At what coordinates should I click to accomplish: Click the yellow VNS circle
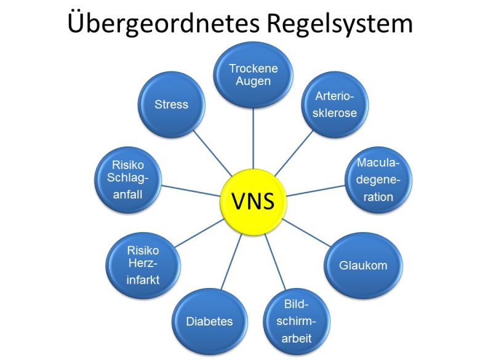coord(253,202)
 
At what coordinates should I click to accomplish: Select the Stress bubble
coord(172,105)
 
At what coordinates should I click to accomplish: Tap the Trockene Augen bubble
coord(253,75)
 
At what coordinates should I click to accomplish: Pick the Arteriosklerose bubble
coord(335,105)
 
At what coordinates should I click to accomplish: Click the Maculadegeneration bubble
coord(378,180)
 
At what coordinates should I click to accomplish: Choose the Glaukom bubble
coord(363,265)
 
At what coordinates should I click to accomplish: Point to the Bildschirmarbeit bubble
coord(297,321)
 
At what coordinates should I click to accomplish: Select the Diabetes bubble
coord(210,321)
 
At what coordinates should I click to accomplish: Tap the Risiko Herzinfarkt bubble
coord(143,265)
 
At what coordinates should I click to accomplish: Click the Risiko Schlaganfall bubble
coord(128,180)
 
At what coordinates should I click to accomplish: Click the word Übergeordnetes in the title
coord(164,23)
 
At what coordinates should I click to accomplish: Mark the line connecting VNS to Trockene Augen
coord(253,138)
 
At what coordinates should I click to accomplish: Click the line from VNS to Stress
coord(213,153)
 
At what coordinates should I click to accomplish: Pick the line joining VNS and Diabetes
coord(231,262)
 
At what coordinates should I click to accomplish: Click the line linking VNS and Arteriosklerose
coord(294,153)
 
